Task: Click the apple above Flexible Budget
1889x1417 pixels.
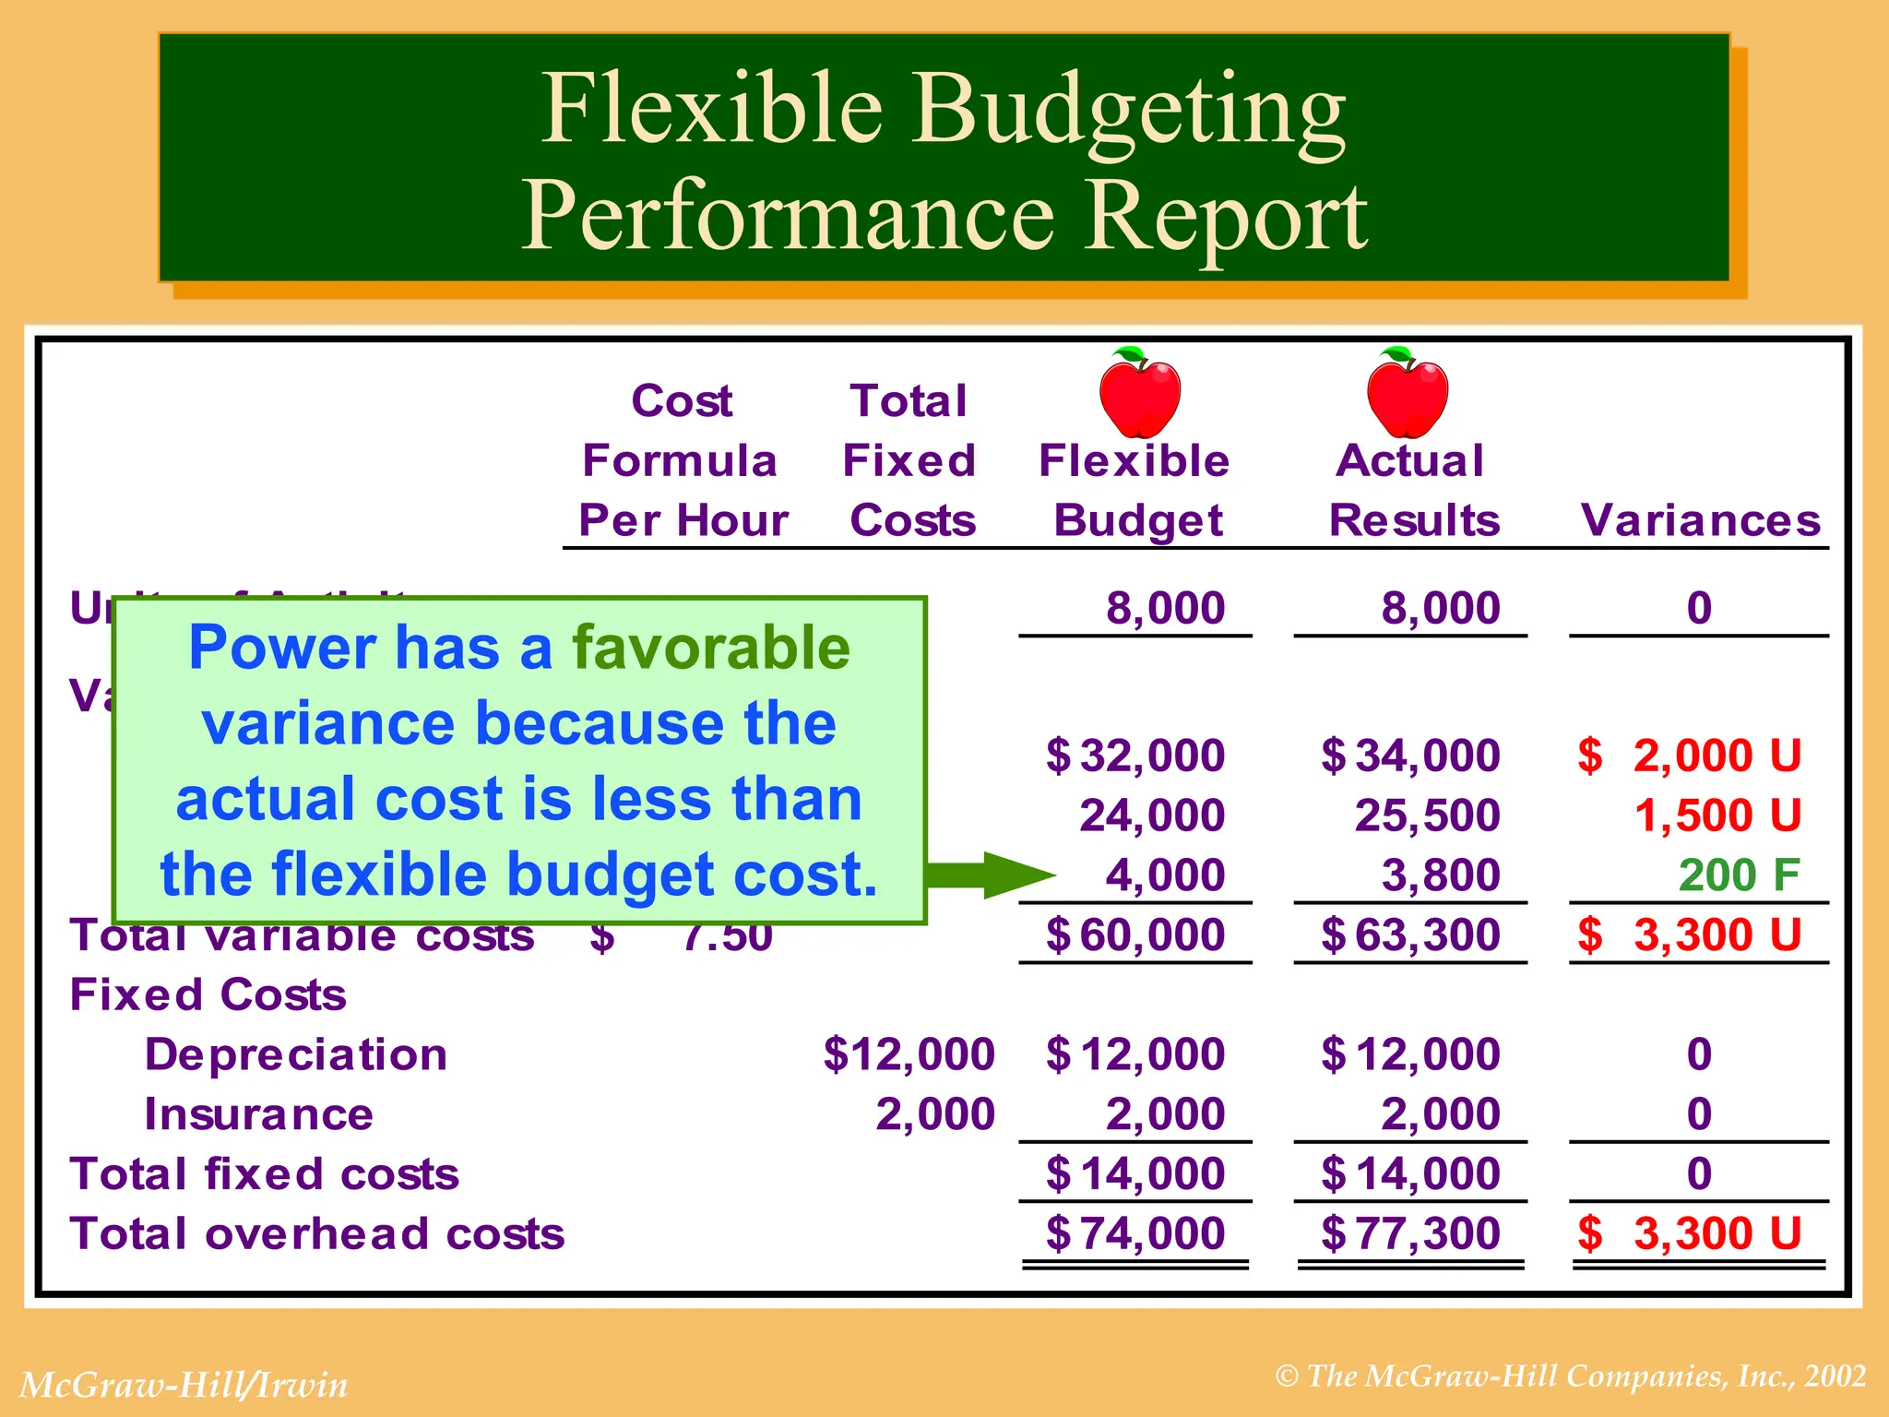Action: pyautogui.click(x=1140, y=394)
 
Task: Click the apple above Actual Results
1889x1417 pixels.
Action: pyautogui.click(x=1408, y=394)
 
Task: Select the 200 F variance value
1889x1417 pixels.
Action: pyautogui.click(x=1739, y=875)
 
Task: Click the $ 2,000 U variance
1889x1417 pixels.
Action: pyautogui.click(x=1690, y=756)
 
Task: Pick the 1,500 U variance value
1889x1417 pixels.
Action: pyautogui.click(x=1717, y=816)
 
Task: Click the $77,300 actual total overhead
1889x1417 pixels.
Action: pyautogui.click(x=1411, y=1233)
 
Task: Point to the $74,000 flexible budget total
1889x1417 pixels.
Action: pyautogui.click(x=1136, y=1233)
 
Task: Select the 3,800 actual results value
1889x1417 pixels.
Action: pyautogui.click(x=1441, y=875)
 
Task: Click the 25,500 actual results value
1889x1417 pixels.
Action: pyautogui.click(x=1427, y=816)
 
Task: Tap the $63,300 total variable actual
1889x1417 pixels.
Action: pyautogui.click(x=1411, y=935)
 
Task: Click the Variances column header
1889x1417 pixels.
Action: pyautogui.click(x=1700, y=520)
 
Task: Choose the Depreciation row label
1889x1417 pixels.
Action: pyautogui.click(x=296, y=1054)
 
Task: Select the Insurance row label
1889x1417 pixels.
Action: pyautogui.click(x=259, y=1114)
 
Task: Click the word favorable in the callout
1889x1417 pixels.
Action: pyautogui.click(x=711, y=648)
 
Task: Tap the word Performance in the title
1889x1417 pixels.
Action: pyautogui.click(x=788, y=216)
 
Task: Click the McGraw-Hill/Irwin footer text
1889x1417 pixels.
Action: pyautogui.click(x=184, y=1385)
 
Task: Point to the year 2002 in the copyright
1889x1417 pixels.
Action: pyautogui.click(x=1836, y=1376)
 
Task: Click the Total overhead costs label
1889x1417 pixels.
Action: pyautogui.click(x=317, y=1233)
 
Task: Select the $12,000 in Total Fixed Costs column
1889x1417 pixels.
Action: pyautogui.click(x=909, y=1054)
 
